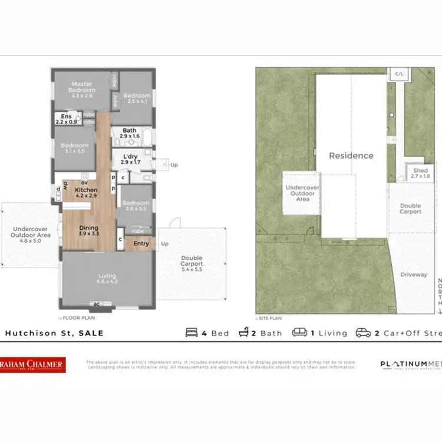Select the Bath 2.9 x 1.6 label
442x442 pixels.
[129, 133]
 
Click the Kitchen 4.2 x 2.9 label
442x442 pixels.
[86, 192]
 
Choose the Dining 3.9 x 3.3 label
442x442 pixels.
[89, 231]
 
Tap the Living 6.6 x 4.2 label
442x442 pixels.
[107, 279]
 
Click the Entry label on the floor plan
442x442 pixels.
[141, 243]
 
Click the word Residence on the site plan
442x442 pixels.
[351, 156]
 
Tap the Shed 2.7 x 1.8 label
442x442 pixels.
[420, 173]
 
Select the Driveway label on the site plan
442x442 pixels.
[414, 275]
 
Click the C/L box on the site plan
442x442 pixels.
[399, 74]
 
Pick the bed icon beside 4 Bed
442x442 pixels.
[192, 333]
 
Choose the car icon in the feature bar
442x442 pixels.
[362, 333]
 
